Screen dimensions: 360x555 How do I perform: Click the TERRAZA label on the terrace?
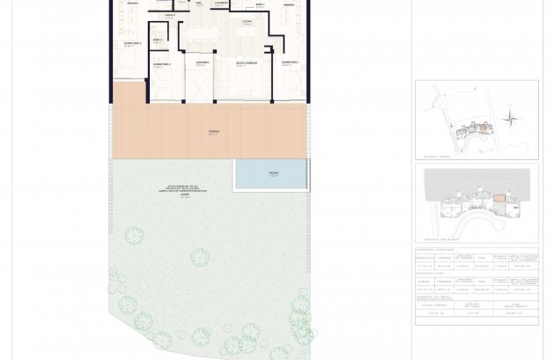(x=213, y=132)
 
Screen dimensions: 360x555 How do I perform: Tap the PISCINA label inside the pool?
(x=273, y=173)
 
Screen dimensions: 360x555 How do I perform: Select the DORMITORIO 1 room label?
(x=290, y=63)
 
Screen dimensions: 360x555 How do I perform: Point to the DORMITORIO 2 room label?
(x=132, y=43)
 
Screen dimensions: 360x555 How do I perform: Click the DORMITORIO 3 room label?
(x=161, y=64)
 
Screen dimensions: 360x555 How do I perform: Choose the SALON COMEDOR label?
(x=245, y=63)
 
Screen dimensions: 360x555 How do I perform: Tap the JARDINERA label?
(x=202, y=63)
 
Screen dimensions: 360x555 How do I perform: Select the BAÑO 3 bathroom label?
(x=157, y=40)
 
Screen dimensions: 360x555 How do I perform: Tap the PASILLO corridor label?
(x=169, y=16)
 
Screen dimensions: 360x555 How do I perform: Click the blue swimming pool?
(x=270, y=174)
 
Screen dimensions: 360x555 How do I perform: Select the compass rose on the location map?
(x=510, y=117)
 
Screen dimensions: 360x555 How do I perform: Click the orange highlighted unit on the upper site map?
(x=484, y=129)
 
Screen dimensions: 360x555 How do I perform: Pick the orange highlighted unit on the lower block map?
(x=499, y=198)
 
